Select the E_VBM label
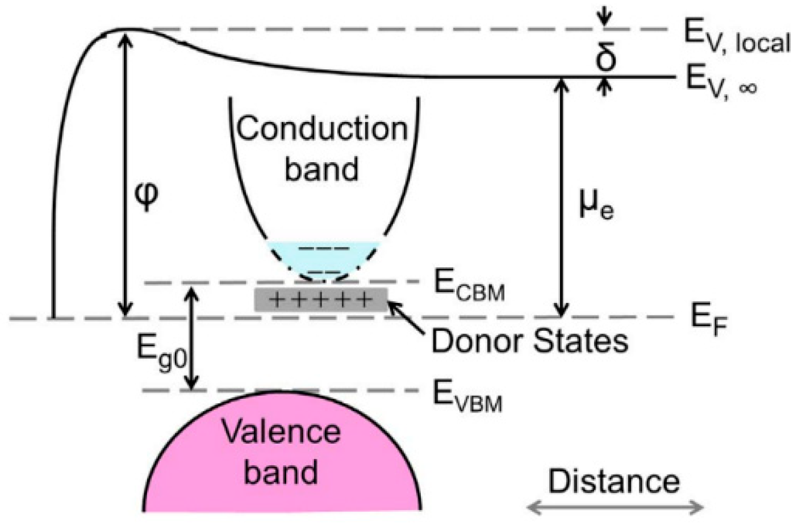click(x=467, y=395)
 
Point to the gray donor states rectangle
click(x=321, y=300)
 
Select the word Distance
click(x=613, y=482)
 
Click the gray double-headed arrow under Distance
click(x=616, y=507)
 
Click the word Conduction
click(x=322, y=129)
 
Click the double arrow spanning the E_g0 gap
click(x=193, y=339)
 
